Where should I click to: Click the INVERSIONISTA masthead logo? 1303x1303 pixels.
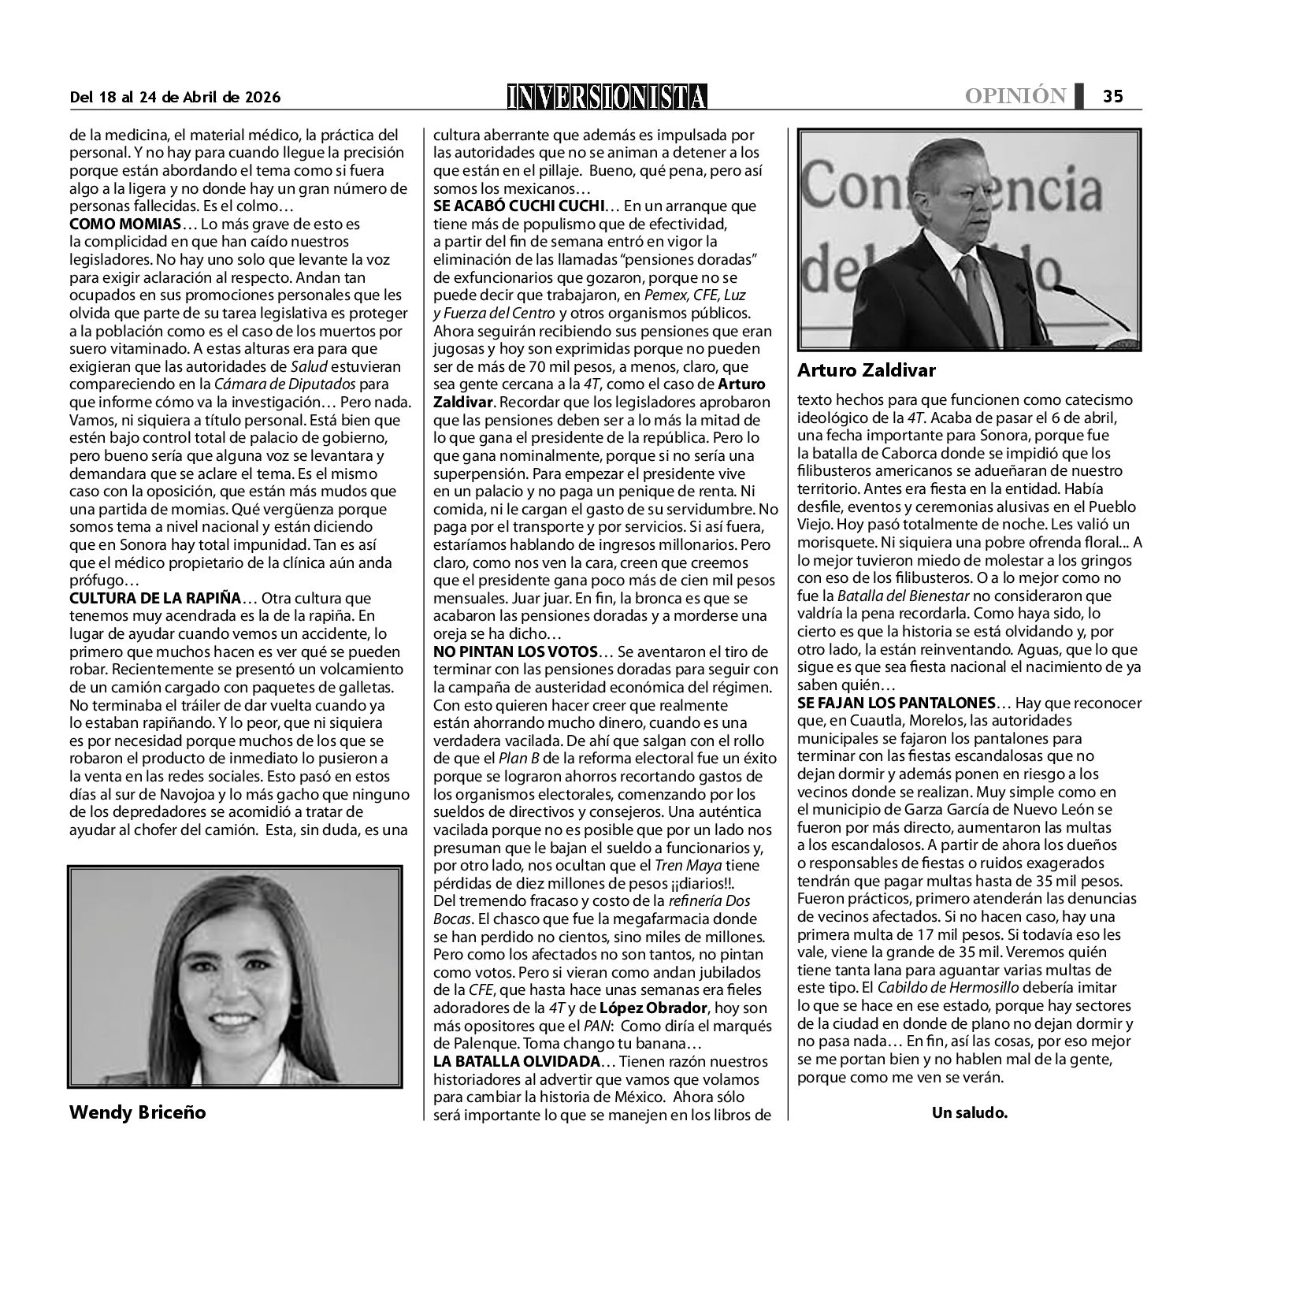tap(607, 96)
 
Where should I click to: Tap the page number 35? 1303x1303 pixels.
tap(1112, 96)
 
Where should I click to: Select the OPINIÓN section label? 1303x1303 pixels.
tap(1015, 96)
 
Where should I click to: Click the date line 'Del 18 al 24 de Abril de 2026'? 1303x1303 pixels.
tap(175, 97)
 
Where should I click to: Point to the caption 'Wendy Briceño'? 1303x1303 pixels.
tap(137, 1112)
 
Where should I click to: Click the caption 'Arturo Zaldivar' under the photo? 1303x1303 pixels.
tap(866, 369)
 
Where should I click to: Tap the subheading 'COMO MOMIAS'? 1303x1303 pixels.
tap(125, 224)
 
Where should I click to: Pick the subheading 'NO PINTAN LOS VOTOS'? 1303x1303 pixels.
tap(516, 651)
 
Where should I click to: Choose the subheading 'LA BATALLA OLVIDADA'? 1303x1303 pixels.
tap(517, 1061)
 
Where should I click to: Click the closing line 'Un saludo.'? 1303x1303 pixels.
tap(969, 1112)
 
